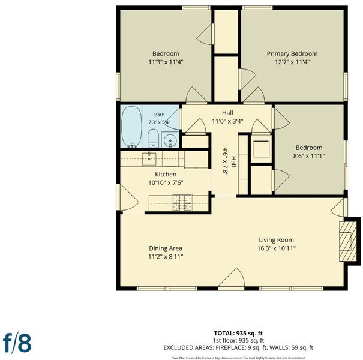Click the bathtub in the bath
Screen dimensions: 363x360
click(x=131, y=127)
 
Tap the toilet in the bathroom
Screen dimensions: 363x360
click(x=153, y=138)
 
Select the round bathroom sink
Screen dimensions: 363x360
click(x=170, y=140)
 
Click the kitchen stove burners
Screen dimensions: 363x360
click(x=182, y=203)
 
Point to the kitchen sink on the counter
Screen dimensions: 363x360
click(x=149, y=158)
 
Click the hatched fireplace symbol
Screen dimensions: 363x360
click(x=348, y=241)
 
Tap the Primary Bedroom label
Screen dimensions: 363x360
click(x=292, y=54)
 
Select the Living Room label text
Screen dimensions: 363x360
click(x=276, y=240)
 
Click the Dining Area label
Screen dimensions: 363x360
click(x=166, y=248)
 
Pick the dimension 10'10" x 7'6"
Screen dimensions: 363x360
click(x=166, y=182)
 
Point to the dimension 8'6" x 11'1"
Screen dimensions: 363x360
click(x=309, y=156)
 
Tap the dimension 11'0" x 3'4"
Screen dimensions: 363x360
click(x=227, y=121)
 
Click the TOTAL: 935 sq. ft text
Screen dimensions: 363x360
click(x=238, y=334)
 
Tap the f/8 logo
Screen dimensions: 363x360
click(x=17, y=343)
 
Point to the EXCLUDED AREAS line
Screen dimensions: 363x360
click(x=238, y=348)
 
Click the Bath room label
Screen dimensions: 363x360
click(x=160, y=115)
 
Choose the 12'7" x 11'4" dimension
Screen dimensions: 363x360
click(x=292, y=62)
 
